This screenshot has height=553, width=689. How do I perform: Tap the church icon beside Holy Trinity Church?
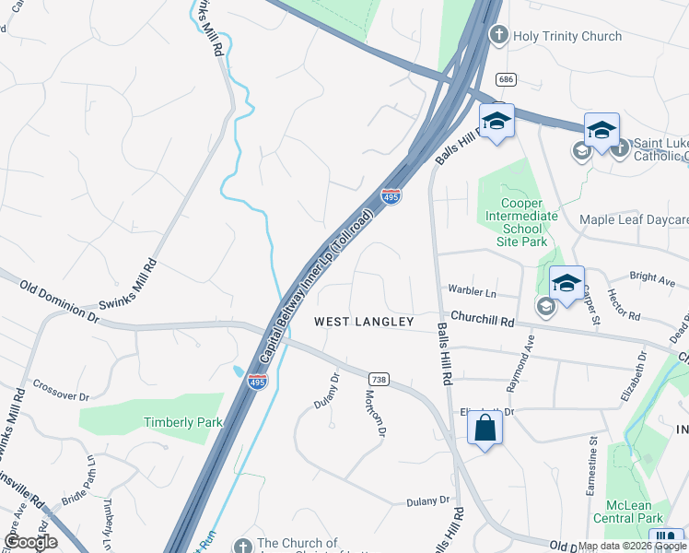tap(498, 35)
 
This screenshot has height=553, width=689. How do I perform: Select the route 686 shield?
tap(504, 79)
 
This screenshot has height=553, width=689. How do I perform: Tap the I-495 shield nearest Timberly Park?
tap(257, 382)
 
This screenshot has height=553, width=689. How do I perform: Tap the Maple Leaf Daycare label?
tap(634, 219)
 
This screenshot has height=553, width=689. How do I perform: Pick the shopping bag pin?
tap(485, 429)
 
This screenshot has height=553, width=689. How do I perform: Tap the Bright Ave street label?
tap(652, 276)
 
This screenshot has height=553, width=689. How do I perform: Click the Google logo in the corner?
tap(30, 542)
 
